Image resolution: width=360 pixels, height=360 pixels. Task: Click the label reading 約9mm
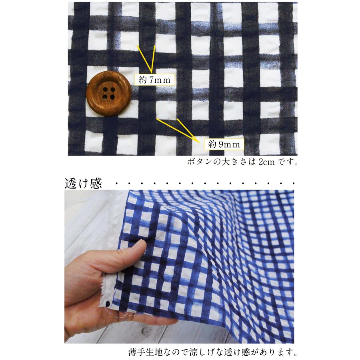click(x=224, y=144)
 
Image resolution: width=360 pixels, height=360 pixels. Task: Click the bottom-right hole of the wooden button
click(x=112, y=97)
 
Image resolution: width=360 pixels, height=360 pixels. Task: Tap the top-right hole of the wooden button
click(x=113, y=90)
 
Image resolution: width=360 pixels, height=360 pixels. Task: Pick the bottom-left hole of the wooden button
click(x=105, y=96)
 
